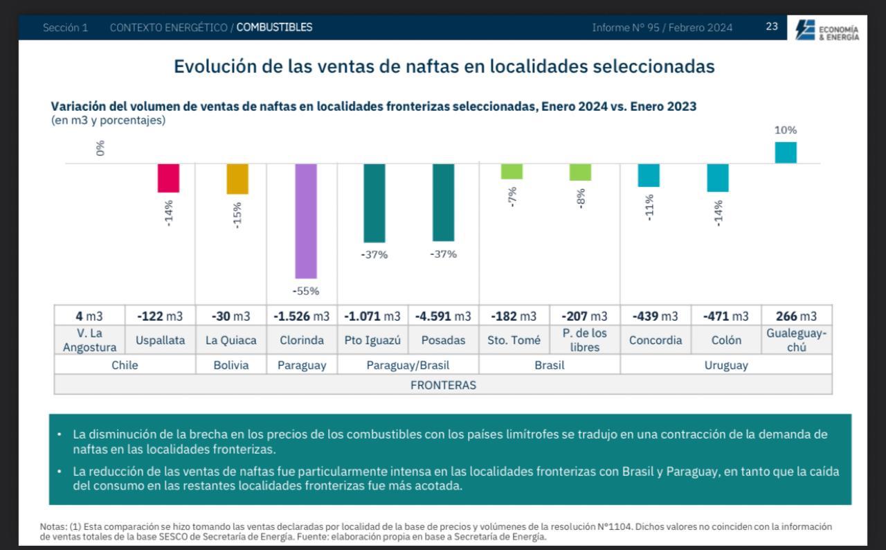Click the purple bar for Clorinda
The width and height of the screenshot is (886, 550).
coord(305,221)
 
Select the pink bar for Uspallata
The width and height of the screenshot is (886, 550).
coord(168,178)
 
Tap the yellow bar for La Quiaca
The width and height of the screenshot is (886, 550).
coord(237,179)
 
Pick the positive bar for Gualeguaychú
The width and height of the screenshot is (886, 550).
coord(785,152)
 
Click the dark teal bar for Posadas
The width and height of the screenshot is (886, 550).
coord(443,202)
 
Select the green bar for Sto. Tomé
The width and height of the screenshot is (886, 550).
coord(512,172)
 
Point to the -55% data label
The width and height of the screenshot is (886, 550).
coord(305,291)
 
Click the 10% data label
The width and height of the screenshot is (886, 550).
coord(785,130)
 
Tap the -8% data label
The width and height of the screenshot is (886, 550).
coord(581,197)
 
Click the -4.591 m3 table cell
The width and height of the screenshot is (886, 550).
coord(443,317)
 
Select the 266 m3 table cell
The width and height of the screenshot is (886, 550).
coord(796,317)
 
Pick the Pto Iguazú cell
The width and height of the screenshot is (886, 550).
coord(372,340)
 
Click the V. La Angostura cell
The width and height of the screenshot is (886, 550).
coord(89,340)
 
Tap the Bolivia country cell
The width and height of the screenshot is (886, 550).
coord(230,365)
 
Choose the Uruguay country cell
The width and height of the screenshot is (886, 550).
coord(725,365)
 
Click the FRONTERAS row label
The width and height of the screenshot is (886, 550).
coord(443,385)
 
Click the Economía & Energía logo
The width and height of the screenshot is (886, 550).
coord(827,30)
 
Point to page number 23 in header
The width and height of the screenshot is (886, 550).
coord(771,27)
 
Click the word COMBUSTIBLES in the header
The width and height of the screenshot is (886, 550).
coord(274,28)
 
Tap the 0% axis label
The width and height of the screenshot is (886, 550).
coord(101,148)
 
